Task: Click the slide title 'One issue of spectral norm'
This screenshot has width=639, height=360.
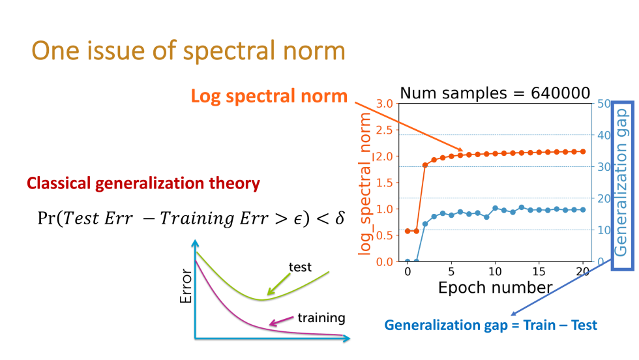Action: pyautogui.click(x=188, y=50)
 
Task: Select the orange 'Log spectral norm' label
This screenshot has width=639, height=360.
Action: pyautogui.click(x=269, y=96)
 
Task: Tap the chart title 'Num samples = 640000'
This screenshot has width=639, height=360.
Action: pyautogui.click(x=495, y=93)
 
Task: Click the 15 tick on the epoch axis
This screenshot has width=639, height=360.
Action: pyautogui.click(x=539, y=271)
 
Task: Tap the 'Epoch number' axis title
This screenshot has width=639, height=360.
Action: pyautogui.click(x=495, y=288)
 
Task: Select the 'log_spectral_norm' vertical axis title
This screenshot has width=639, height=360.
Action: pyautogui.click(x=365, y=183)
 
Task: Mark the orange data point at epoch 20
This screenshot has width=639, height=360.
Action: pyautogui.click(x=583, y=151)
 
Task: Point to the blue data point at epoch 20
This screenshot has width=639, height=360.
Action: pyautogui.click(x=583, y=210)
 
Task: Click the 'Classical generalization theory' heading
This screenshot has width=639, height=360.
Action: pyautogui.click(x=143, y=184)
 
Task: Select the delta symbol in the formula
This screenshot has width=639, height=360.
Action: pyautogui.click(x=339, y=217)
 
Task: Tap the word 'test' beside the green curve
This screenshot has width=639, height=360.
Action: pyautogui.click(x=301, y=267)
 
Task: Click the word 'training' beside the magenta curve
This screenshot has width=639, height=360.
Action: pyautogui.click(x=321, y=318)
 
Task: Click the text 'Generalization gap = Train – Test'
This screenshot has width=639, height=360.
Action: pyautogui.click(x=491, y=325)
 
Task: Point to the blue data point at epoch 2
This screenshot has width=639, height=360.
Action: pyautogui.click(x=425, y=224)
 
